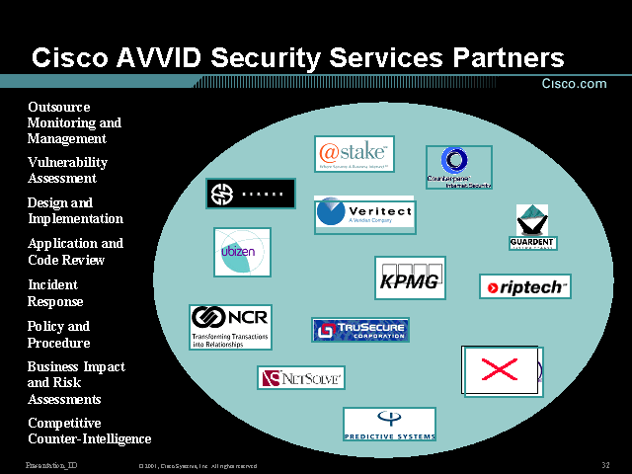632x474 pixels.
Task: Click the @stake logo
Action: pos(355,154)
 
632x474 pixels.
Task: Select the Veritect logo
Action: pos(364,214)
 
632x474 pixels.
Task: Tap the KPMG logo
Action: pos(410,277)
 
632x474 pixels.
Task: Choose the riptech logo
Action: pos(524,286)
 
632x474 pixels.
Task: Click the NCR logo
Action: pos(230,326)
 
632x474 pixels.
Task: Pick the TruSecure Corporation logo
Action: pos(360,330)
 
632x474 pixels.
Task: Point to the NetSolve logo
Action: pos(301,377)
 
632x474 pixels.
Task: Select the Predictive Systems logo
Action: pos(389,424)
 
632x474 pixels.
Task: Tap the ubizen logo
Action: pos(242,252)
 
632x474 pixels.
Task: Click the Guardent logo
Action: pos(532,227)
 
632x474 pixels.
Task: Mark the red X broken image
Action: pos(500,370)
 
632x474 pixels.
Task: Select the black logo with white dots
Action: pos(251,194)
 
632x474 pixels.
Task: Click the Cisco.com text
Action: pos(575,84)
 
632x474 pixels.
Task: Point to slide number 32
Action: pos(604,465)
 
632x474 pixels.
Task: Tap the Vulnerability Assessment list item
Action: pos(67,170)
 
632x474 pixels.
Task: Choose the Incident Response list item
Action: pos(55,293)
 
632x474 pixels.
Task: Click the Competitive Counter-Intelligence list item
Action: pos(89,431)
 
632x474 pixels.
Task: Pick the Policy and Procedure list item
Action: pos(58,335)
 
